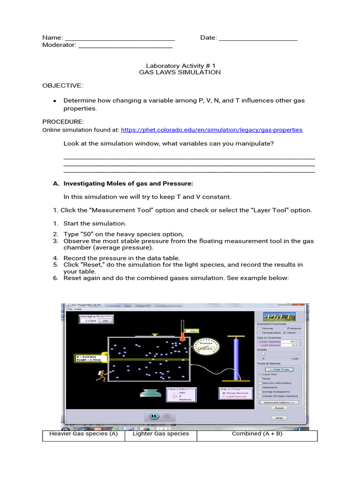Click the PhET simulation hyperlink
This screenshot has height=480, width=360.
click(211, 130)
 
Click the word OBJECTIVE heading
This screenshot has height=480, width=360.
click(63, 85)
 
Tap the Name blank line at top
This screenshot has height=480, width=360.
click(120, 38)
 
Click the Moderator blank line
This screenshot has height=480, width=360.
click(125, 45)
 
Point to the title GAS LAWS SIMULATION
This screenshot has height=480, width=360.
click(180, 73)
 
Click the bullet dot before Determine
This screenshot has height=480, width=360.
click(55, 101)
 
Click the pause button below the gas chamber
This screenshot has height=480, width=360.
click(153, 416)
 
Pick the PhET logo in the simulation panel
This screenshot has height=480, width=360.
click(279, 316)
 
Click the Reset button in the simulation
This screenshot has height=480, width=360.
click(279, 408)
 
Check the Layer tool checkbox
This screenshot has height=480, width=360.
click(260, 375)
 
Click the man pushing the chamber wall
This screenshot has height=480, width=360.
click(101, 375)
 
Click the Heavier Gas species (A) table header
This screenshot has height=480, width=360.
click(83, 434)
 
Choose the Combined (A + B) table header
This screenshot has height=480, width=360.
click(257, 434)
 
